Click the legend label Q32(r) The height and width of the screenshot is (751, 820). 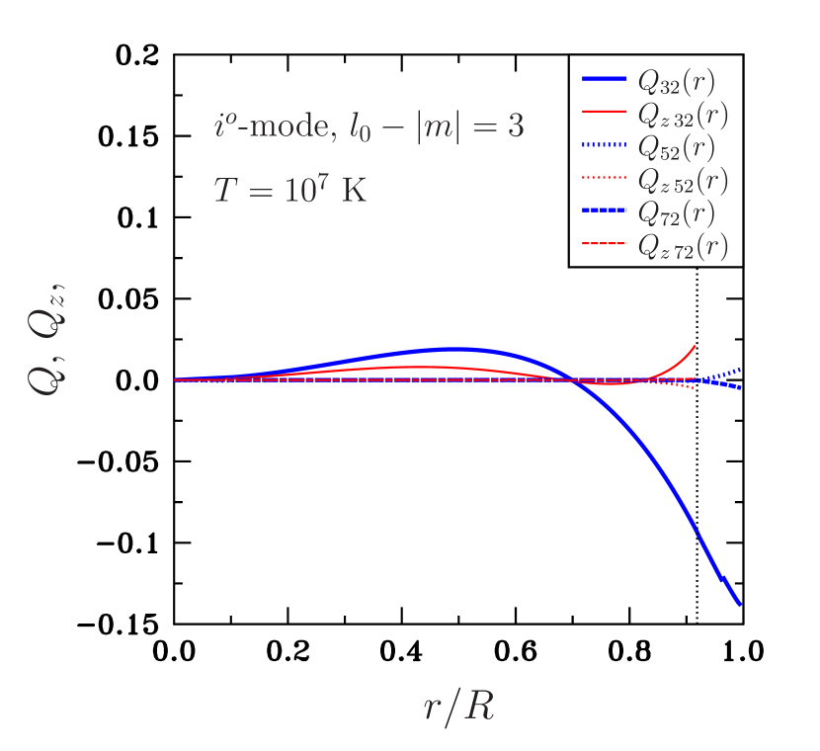click(x=677, y=80)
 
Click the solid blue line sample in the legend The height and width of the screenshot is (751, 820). click(x=605, y=79)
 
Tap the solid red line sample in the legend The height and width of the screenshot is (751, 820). click(x=605, y=112)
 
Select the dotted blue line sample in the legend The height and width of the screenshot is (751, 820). click(x=605, y=145)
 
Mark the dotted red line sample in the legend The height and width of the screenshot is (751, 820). click(x=605, y=178)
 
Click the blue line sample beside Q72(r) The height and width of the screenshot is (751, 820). click(x=605, y=210)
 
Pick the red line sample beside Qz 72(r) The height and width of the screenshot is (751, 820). click(x=605, y=243)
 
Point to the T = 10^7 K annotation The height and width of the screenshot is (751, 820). click(x=289, y=189)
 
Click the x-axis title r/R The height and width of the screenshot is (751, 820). click(x=457, y=707)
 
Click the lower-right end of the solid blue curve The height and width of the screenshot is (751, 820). click(x=740, y=605)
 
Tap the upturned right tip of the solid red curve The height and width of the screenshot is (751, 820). click(x=696, y=346)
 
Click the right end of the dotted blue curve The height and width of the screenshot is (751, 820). click(x=740, y=370)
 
